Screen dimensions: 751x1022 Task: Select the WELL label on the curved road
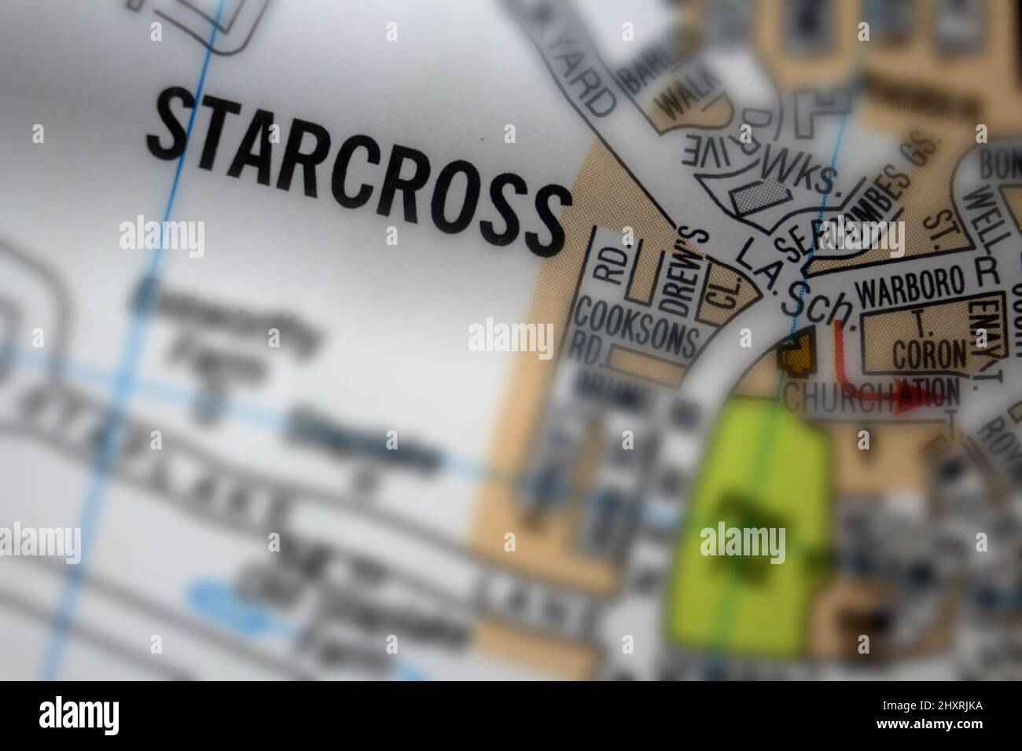pos(981,216)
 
